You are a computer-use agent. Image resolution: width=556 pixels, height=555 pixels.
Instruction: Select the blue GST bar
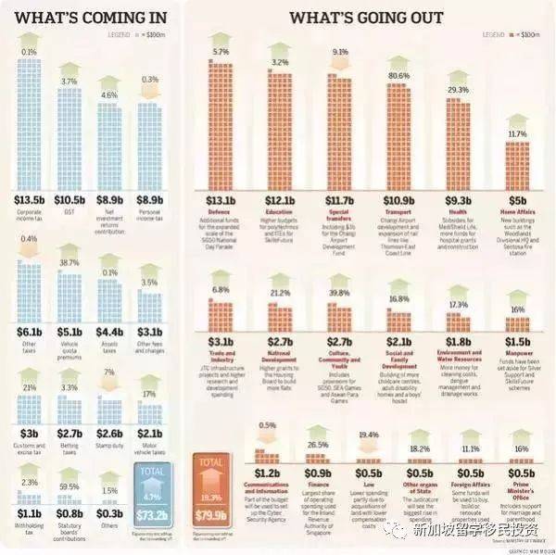click(x=69, y=139)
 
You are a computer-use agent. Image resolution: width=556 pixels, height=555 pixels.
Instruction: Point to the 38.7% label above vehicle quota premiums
click(x=69, y=264)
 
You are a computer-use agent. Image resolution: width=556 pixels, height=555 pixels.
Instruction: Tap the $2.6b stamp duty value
click(x=108, y=434)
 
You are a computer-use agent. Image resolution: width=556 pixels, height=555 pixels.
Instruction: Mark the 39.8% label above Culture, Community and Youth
click(x=338, y=294)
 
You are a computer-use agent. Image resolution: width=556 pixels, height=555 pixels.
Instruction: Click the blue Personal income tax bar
click(x=148, y=144)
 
